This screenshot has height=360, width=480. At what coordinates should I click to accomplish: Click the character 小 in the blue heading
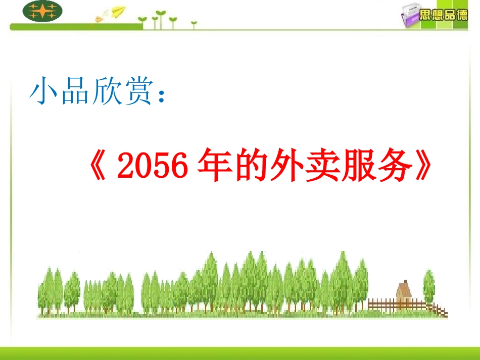tap(44, 92)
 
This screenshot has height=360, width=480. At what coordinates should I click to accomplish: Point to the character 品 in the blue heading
tap(75, 92)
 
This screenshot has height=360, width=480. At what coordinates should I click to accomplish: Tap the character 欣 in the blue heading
tap(106, 92)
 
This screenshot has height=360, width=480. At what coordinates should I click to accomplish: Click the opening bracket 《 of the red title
tap(99, 167)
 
